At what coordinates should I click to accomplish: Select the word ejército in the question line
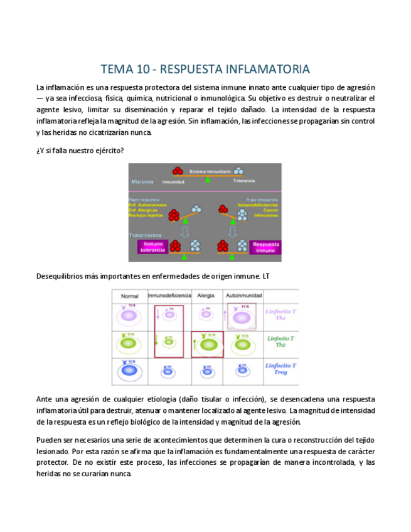click(108, 151)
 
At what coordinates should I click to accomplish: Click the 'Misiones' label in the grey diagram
click(142, 181)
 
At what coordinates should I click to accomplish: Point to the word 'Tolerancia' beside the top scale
click(244, 181)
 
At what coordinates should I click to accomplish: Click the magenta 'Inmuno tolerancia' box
click(154, 247)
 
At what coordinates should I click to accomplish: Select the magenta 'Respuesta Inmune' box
click(265, 247)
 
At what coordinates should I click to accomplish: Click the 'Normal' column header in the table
click(129, 295)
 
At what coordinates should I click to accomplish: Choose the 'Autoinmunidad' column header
click(241, 295)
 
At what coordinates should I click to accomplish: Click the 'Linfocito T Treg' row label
click(280, 369)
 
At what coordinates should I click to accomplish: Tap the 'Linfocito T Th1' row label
click(280, 314)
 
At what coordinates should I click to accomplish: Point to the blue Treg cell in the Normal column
click(129, 371)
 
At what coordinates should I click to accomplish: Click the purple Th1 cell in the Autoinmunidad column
click(241, 316)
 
